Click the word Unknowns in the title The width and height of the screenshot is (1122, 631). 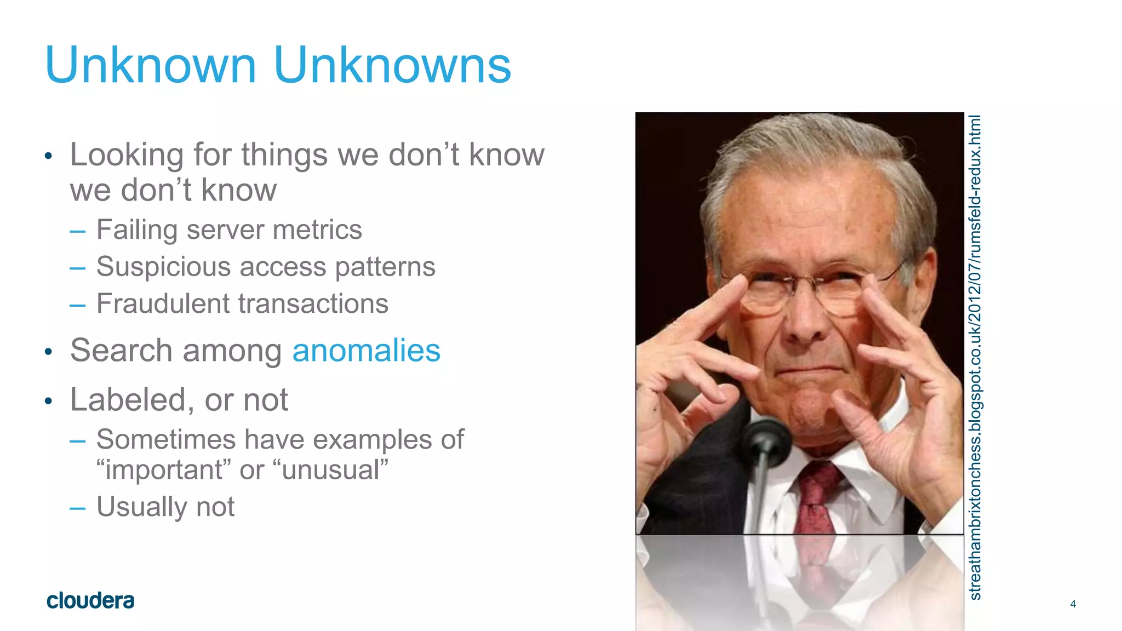click(x=392, y=66)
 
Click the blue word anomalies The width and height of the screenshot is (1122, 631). click(x=366, y=351)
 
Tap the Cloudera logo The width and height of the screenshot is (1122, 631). click(x=90, y=601)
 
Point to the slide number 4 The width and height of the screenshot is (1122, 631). click(x=1073, y=604)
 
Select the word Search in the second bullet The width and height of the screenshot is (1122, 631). click(x=121, y=351)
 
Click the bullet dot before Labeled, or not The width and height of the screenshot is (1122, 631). click(x=48, y=401)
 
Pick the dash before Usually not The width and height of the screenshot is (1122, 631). click(x=78, y=508)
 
